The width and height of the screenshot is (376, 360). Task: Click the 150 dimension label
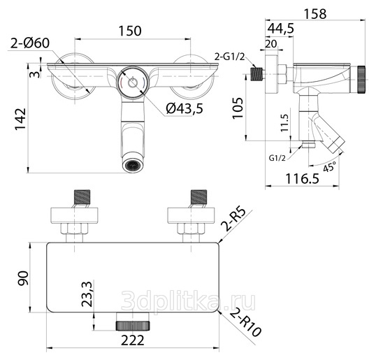[x=130, y=31]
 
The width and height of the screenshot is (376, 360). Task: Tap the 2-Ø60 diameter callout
[x=30, y=43]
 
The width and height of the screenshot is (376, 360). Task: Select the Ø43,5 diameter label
[x=185, y=108]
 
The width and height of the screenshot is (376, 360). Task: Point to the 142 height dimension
[x=20, y=120]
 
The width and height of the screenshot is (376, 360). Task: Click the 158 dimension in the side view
[x=315, y=14]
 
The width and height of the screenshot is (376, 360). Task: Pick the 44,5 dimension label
[x=280, y=28]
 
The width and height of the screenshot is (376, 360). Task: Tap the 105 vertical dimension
[x=238, y=108]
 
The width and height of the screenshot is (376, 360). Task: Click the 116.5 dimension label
[x=303, y=178]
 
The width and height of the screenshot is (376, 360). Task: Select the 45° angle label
[x=330, y=166]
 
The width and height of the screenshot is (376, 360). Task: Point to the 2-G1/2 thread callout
[x=229, y=57]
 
